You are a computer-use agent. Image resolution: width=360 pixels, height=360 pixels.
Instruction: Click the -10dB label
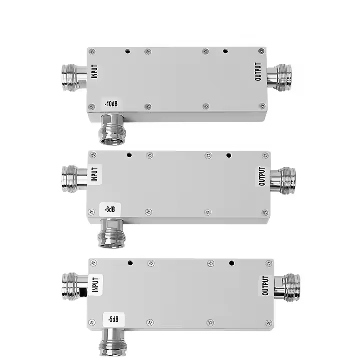(111, 104)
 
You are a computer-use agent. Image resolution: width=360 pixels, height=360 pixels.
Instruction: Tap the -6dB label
(110, 210)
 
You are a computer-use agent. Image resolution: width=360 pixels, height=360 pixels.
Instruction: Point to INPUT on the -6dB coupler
(95, 174)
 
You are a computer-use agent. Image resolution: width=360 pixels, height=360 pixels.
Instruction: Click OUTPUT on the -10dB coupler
(258, 71)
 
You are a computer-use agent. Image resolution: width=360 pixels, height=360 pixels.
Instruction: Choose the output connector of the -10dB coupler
(279, 76)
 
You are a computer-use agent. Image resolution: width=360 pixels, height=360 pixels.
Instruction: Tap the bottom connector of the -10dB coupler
(111, 128)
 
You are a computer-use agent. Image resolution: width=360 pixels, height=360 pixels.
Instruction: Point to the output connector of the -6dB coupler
(283, 180)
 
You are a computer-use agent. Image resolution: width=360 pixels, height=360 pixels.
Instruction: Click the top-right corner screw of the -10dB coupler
(261, 51)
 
